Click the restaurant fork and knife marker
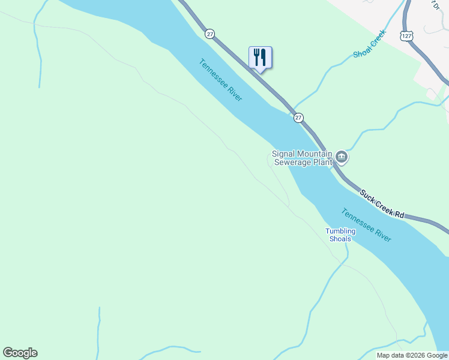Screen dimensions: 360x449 [260, 58]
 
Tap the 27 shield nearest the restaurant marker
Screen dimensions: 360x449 [209, 34]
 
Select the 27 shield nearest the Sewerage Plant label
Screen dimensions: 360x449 [298, 118]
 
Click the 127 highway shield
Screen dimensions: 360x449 [407, 37]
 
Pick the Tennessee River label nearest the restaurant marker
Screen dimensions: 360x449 [221, 80]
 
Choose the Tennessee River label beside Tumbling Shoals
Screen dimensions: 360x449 [366, 226]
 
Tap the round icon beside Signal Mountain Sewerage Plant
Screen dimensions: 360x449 [342, 158]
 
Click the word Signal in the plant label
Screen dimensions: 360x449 [284, 154]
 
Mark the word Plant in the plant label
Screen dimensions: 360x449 [322, 162]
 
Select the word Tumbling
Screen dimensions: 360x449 [340, 232]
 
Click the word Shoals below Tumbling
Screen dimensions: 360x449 [340, 239]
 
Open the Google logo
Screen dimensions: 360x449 [20, 353]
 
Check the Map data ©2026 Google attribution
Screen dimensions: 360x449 [412, 355]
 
